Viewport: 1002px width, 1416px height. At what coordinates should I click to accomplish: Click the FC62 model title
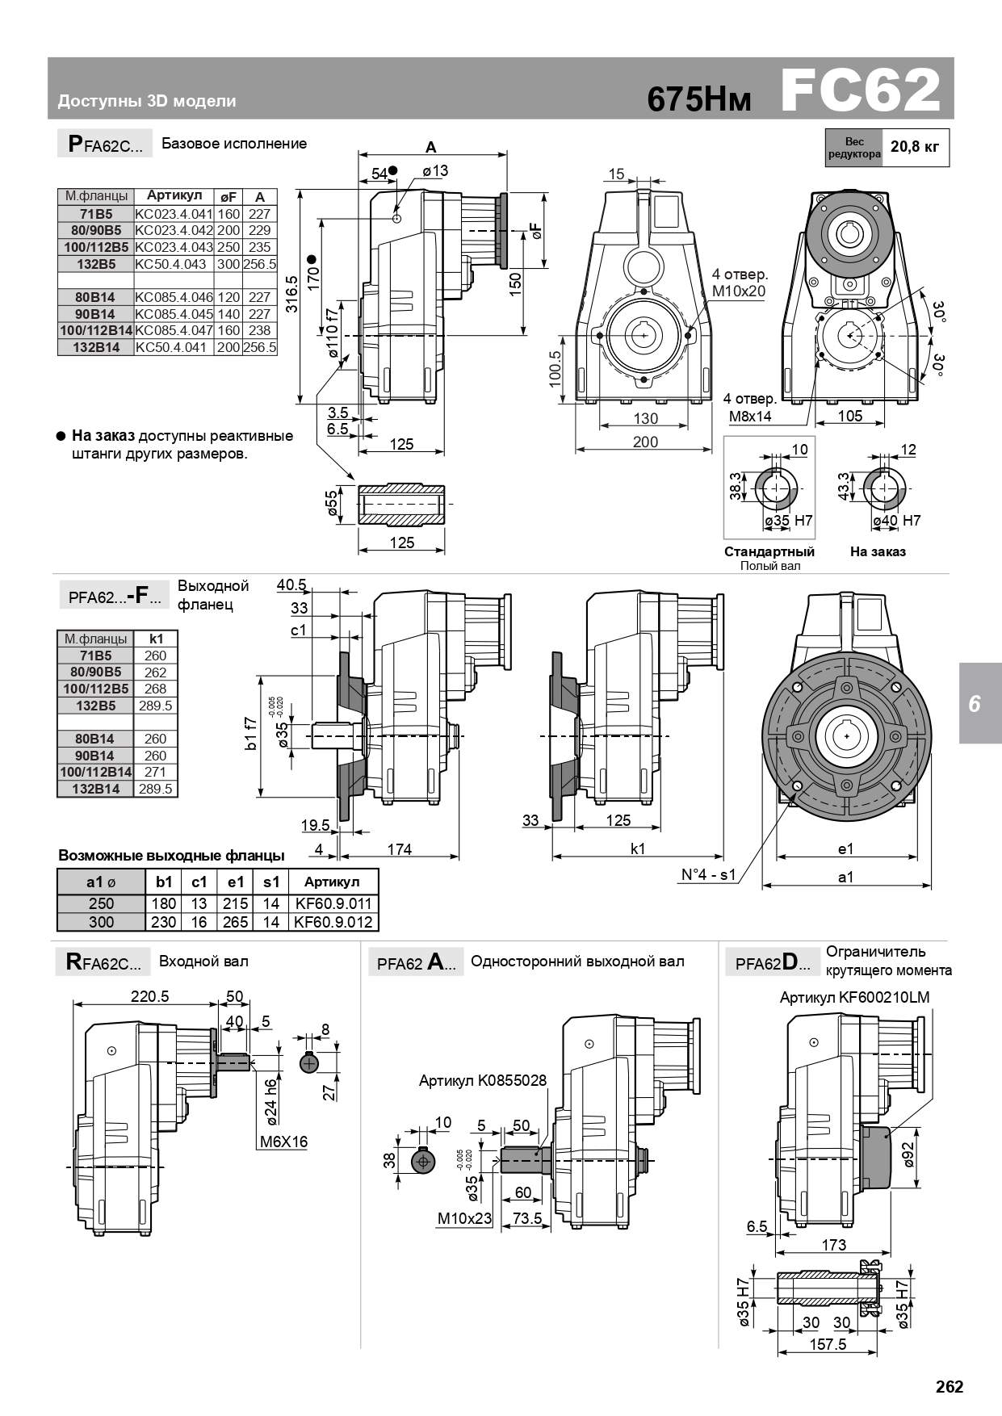click(x=861, y=90)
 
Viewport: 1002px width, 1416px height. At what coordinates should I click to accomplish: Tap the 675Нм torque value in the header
click(x=699, y=99)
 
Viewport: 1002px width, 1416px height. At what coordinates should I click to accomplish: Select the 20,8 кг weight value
click(x=915, y=147)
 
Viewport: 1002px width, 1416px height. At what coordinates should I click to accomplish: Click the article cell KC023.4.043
click(x=174, y=247)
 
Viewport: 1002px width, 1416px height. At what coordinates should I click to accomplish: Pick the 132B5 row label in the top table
click(x=96, y=264)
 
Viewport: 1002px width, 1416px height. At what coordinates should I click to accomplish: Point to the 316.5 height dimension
click(x=291, y=295)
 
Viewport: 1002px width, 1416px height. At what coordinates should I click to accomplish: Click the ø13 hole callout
click(x=435, y=170)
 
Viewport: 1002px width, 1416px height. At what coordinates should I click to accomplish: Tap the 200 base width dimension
click(x=645, y=442)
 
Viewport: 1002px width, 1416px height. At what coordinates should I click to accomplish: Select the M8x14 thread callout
click(x=750, y=417)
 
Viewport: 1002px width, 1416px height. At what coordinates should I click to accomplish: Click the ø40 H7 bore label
click(x=896, y=521)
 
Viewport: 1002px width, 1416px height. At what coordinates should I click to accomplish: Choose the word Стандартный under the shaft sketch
click(x=769, y=551)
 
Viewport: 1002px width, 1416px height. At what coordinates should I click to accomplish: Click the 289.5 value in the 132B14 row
click(x=155, y=789)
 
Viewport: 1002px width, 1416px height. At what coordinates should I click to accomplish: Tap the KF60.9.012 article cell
click(x=333, y=922)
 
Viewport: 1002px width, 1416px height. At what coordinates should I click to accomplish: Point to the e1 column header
click(x=235, y=882)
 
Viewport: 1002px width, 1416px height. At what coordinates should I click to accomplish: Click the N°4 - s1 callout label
click(x=709, y=874)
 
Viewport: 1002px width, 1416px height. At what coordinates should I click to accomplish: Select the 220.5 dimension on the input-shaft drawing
click(x=150, y=996)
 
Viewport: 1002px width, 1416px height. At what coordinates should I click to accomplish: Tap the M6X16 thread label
click(x=283, y=1142)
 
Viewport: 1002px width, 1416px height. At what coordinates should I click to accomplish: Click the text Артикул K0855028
click(x=483, y=1080)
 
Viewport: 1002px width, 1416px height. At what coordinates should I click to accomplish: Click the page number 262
click(x=950, y=1386)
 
